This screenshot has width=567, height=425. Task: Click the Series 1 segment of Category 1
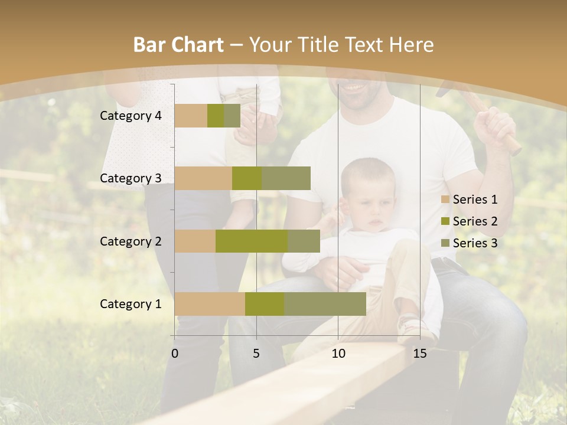pyautogui.click(x=210, y=304)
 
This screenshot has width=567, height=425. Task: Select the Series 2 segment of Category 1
pyautogui.click(x=265, y=304)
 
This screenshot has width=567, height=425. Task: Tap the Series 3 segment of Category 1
pyautogui.click(x=325, y=304)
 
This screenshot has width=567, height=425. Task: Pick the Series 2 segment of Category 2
pyautogui.click(x=252, y=241)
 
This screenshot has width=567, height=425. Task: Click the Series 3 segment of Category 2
pyautogui.click(x=304, y=241)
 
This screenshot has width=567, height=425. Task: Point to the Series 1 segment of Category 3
pyautogui.click(x=203, y=178)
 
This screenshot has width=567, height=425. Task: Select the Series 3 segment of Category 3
pyautogui.click(x=286, y=178)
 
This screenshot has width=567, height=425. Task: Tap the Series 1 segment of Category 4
pyautogui.click(x=191, y=116)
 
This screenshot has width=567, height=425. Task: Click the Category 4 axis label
pyautogui.click(x=131, y=116)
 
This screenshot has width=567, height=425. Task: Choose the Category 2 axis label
pyautogui.click(x=131, y=241)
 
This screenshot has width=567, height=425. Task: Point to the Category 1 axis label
pyautogui.click(x=131, y=304)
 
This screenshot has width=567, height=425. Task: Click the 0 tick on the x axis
pyautogui.click(x=175, y=354)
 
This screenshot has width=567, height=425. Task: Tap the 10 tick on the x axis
pyautogui.click(x=338, y=354)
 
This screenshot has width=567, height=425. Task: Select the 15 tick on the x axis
pyautogui.click(x=419, y=354)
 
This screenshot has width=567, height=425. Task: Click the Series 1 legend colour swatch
pyautogui.click(x=445, y=200)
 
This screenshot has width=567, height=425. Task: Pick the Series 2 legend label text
pyautogui.click(x=475, y=221)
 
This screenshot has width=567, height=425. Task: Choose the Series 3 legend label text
pyautogui.click(x=475, y=243)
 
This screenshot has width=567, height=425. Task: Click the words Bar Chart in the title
pyautogui.click(x=178, y=45)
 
